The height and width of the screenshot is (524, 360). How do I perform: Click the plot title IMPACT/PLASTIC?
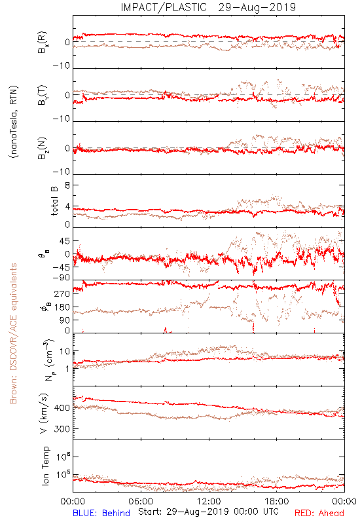[164, 7]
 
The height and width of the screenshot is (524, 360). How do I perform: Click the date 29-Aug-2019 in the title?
[257, 7]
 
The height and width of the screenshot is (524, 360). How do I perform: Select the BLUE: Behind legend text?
[101, 513]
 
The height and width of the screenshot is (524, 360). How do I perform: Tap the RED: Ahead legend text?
[319, 513]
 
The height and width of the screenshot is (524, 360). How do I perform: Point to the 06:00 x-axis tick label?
[141, 501]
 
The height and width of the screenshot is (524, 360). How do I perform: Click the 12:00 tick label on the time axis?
[209, 501]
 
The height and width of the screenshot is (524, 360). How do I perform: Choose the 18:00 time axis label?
[277, 501]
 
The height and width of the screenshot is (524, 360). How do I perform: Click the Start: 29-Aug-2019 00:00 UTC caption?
[208, 512]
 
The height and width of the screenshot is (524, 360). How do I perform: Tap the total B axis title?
[54, 201]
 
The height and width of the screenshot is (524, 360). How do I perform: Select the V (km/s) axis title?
[44, 413]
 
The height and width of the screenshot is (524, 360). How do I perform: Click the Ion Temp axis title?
[45, 466]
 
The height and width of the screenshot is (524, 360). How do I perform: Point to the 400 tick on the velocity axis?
[62, 408]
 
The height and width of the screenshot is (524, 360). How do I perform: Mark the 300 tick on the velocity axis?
[62, 429]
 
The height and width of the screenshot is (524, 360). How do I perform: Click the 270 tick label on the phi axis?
[62, 293]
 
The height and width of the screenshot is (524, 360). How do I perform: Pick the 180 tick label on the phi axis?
[62, 307]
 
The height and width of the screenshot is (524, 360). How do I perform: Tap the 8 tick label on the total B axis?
[67, 185]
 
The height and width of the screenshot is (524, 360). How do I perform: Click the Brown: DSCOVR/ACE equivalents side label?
[13, 333]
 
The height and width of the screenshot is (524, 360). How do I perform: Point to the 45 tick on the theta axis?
[65, 241]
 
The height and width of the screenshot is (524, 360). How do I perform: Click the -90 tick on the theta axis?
[62, 278]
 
